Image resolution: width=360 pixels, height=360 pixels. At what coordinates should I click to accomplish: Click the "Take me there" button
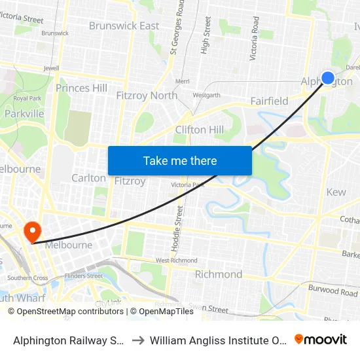[180, 160]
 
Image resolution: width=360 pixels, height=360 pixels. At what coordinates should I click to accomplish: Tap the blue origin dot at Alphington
[329, 78]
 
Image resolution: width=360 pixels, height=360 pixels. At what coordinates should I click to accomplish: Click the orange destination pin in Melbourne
[31, 231]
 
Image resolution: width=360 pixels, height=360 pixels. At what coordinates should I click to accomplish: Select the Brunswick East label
[124, 26]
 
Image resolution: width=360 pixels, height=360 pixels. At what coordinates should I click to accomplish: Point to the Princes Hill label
[81, 88]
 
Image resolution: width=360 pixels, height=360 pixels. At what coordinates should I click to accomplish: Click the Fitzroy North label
[147, 96]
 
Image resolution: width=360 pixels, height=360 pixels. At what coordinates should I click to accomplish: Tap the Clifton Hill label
[200, 130]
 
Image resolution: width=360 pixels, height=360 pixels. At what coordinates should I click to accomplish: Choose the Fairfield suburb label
[269, 101]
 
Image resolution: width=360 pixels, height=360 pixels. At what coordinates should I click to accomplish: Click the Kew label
[336, 192]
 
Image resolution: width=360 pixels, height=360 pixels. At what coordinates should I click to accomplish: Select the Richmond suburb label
[219, 274]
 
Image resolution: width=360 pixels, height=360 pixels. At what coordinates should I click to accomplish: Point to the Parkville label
[24, 114]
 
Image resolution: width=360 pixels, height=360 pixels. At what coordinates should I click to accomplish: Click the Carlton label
[88, 178]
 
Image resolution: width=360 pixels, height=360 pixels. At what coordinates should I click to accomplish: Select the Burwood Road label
[333, 289]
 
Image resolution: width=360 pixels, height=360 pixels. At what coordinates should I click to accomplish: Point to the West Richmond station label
[177, 261]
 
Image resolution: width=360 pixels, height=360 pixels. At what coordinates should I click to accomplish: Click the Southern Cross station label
[27, 278]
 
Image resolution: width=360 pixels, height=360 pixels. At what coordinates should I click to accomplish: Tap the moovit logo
[321, 339]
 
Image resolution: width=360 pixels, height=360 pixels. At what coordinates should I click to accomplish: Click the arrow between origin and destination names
[138, 340]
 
